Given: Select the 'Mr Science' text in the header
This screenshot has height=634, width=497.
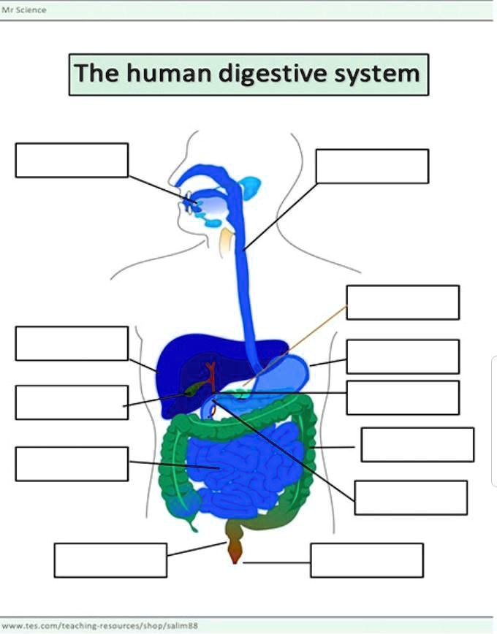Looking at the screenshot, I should [25, 9].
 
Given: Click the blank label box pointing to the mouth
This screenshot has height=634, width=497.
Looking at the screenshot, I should [72, 160].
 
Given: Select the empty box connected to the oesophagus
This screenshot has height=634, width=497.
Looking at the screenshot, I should [372, 166].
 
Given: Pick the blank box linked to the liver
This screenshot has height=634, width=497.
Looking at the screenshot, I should [72, 343].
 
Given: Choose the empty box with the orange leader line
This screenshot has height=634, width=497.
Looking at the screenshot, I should [403, 302].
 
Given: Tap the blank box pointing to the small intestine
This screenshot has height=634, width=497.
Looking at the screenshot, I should [72, 464].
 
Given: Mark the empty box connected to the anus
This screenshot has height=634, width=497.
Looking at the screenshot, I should [367, 560].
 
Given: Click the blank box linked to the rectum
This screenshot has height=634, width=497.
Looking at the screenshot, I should [110, 560].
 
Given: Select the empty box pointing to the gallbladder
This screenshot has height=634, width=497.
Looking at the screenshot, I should [72, 402].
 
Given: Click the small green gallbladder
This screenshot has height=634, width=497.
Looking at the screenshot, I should [192, 390].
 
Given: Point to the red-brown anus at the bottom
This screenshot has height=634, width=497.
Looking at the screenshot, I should [234, 556].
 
